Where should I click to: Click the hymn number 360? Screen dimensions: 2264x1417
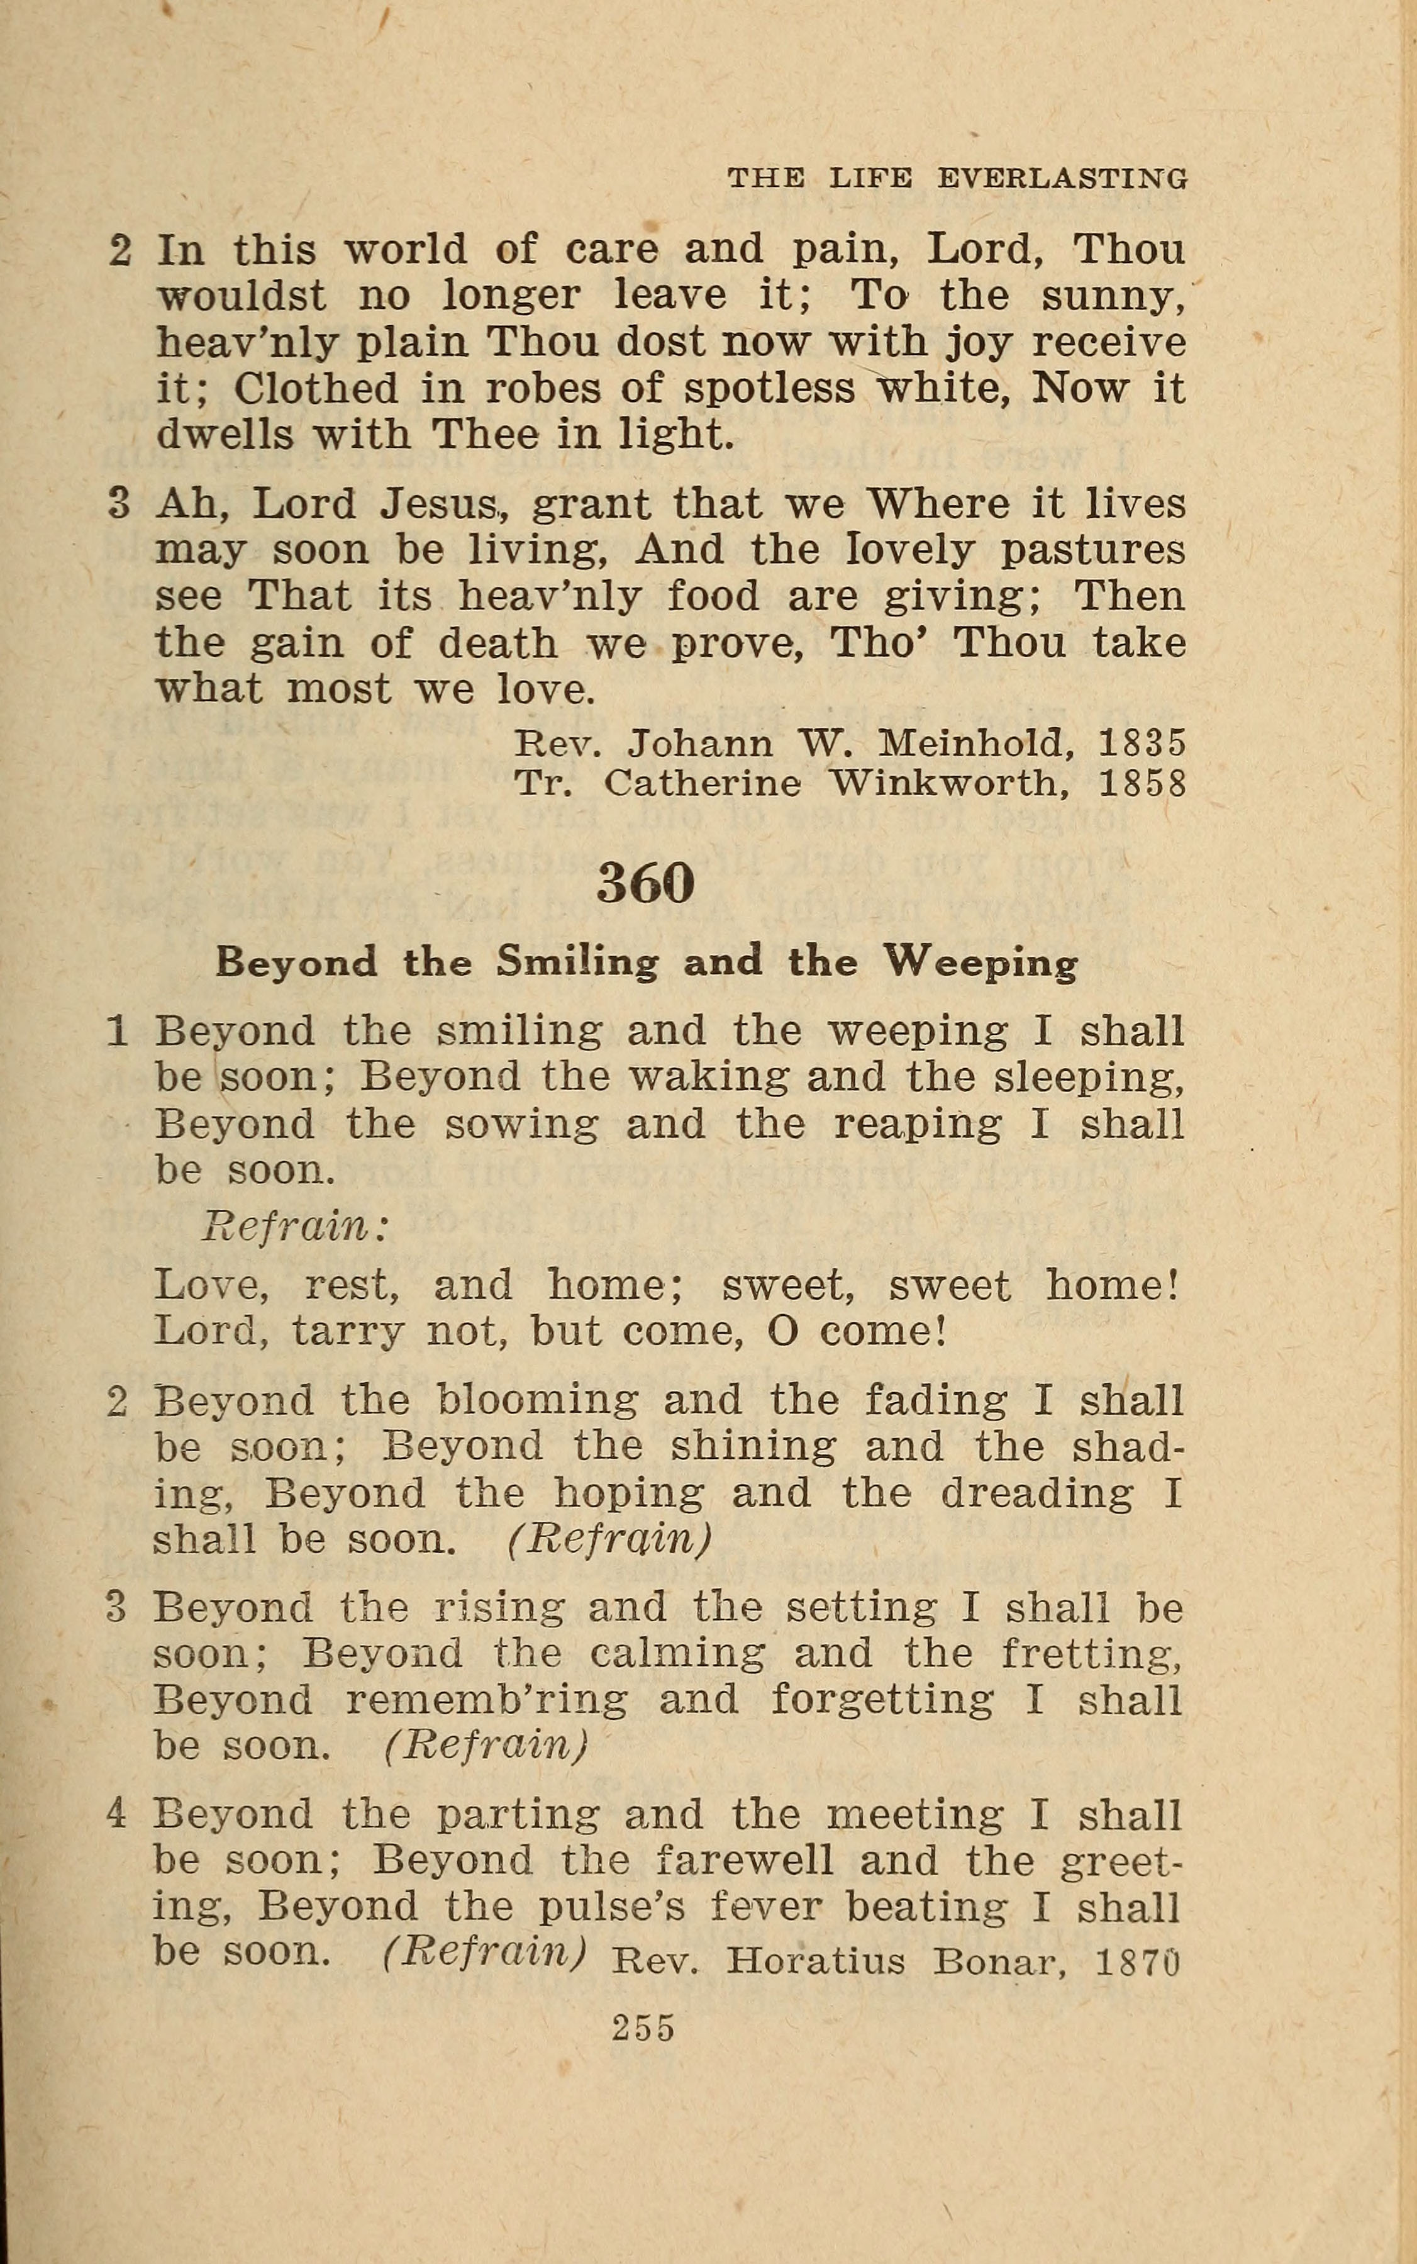646,883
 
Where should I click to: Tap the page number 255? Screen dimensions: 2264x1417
644,2028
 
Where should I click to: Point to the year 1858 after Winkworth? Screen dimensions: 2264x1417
1142,783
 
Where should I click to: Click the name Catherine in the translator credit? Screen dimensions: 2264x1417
702,783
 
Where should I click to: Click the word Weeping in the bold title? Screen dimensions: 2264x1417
982,962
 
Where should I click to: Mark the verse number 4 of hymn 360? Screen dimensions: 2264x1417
116,1815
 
